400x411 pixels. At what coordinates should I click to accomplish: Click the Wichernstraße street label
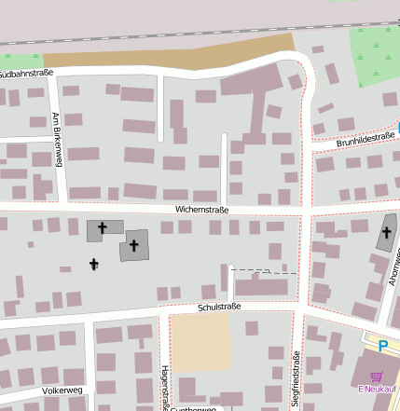pos(202,211)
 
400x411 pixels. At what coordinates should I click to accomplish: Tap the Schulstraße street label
pos(219,307)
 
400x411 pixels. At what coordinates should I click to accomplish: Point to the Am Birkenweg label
pos(57,140)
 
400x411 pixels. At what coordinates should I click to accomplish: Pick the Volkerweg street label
pos(62,390)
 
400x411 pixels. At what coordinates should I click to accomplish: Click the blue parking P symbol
pos(382,346)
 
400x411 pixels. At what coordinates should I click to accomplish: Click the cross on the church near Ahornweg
pos(387,232)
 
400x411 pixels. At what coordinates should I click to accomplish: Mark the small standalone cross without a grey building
pos(93,265)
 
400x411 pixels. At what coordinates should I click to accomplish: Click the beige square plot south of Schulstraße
pos(200,342)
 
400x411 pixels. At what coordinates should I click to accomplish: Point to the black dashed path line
pos(262,271)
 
